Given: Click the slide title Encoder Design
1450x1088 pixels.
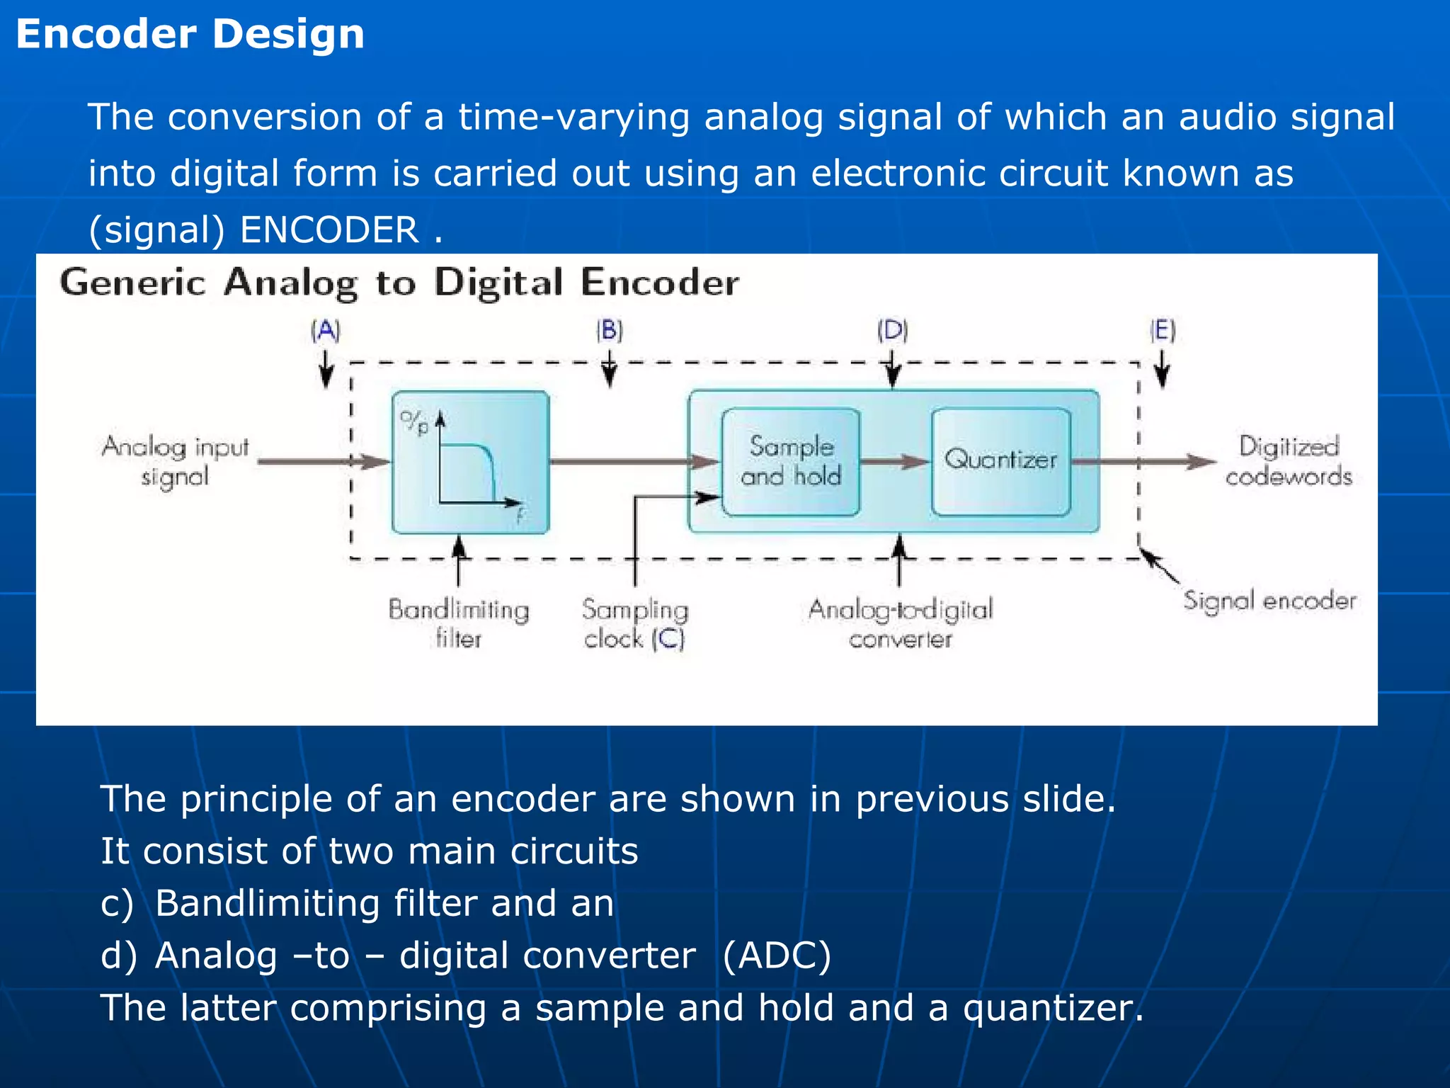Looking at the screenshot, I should pos(190,34).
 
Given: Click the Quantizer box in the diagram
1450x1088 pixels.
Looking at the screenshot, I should pos(1000,460).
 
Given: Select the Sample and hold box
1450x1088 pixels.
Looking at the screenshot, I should pos(791,460).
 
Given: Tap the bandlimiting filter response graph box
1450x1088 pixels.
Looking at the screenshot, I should pos(470,462).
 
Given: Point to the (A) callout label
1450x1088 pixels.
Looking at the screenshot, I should pos(326,331).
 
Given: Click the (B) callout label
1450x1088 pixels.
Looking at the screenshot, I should pos(609,331).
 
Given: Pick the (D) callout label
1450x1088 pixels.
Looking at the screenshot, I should pos(892,331).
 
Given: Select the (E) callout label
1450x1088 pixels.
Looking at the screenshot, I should pos(1163,331).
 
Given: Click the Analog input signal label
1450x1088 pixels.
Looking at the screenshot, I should pos(176,461).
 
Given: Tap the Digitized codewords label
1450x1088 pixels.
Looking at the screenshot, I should pos(1289,461).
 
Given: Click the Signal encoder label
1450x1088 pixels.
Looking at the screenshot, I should pos(1269,601).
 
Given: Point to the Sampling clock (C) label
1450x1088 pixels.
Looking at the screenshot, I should pos(635,624).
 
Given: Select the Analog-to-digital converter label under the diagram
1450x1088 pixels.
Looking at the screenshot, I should pos(901,624).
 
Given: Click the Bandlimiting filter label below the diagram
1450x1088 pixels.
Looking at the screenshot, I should pos(459,624).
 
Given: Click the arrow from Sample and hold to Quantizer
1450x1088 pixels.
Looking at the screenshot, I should pos(895,462).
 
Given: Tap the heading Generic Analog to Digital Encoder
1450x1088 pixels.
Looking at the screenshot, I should pos(399,283).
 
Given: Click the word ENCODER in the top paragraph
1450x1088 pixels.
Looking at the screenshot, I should pos(330,230).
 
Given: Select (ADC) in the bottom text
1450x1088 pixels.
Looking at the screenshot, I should pos(777,956).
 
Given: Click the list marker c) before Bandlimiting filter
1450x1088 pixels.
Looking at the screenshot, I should pos(117,904).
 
